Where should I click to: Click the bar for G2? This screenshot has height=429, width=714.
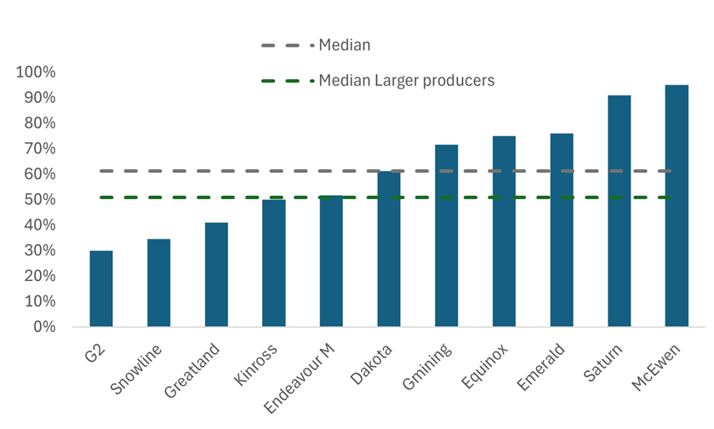pyautogui.click(x=101, y=289)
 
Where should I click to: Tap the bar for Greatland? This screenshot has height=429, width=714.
pyautogui.click(x=216, y=275)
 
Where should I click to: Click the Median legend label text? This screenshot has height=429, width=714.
pyautogui.click(x=344, y=45)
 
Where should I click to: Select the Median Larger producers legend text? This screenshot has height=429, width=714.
pyautogui.click(x=406, y=81)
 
